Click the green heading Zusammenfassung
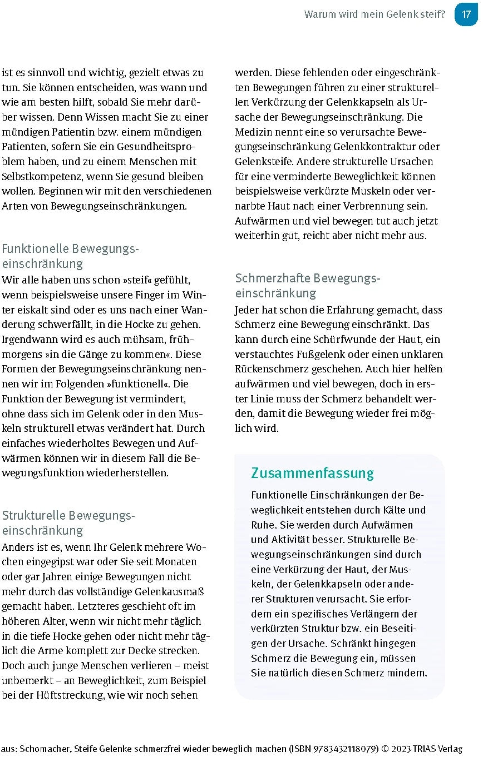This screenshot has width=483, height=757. click(312, 473)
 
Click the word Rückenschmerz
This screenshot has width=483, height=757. click(272, 368)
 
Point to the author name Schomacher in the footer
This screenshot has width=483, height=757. click(46, 749)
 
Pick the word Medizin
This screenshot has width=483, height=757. click(253, 132)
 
